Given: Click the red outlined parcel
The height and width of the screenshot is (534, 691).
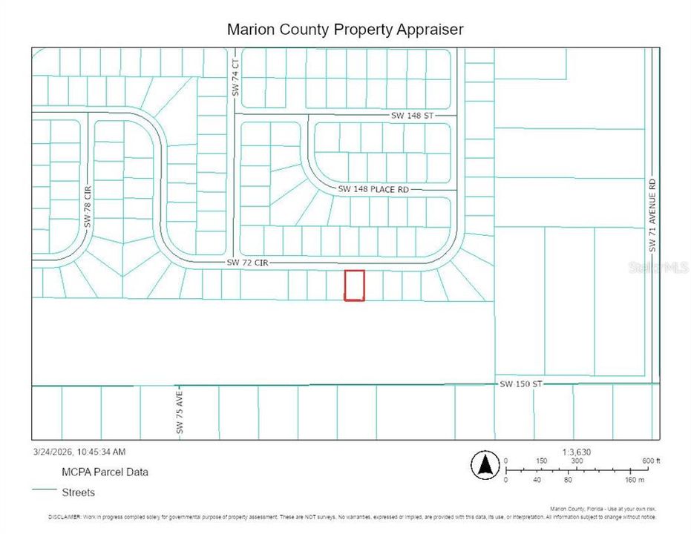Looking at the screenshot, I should coord(354,286).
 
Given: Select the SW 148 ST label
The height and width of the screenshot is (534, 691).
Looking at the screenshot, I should coord(412,116).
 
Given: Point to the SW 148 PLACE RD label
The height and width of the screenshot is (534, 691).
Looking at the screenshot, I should coord(373,190).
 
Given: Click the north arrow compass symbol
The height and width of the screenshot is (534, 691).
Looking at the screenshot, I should coord(484,465).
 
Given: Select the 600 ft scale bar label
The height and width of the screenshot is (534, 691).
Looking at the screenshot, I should coord(651,461).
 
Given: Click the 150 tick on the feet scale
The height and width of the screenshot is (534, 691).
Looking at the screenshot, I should coord(542,461).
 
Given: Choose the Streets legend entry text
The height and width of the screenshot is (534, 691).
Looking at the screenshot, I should coord(79,492).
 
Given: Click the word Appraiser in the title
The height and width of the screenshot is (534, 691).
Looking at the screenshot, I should coord(430,30).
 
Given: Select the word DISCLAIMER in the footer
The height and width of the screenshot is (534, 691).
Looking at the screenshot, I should coord(65,517).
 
